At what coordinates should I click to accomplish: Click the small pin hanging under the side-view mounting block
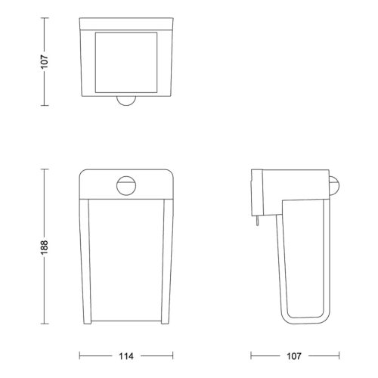click(257, 221)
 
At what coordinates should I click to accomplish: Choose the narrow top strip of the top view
click(125, 24)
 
